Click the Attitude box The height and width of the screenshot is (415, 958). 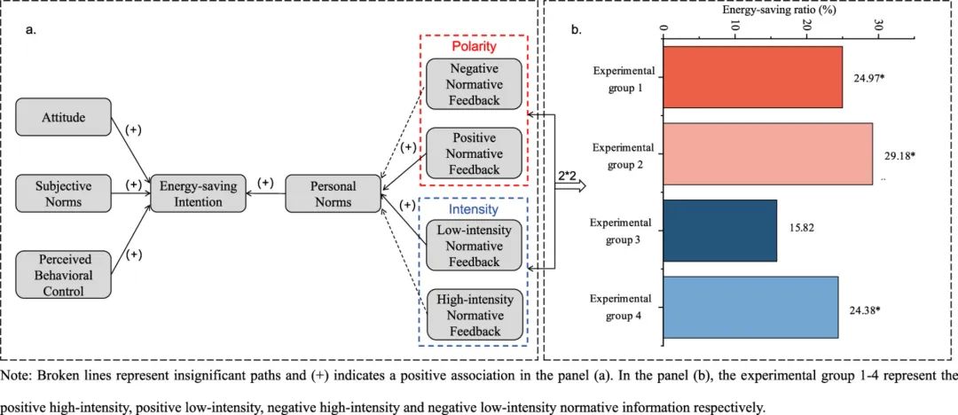click(x=64, y=117)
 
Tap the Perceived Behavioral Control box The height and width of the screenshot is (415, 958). click(x=64, y=274)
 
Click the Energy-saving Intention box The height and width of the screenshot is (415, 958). click(x=199, y=193)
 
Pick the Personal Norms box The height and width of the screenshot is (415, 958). click(x=334, y=193)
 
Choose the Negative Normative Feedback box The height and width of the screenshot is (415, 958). click(x=474, y=82)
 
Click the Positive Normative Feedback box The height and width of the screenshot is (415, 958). click(x=474, y=153)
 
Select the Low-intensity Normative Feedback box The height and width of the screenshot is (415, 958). click(x=474, y=246)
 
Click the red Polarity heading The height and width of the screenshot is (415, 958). click(x=474, y=46)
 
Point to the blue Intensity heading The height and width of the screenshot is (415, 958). click(x=474, y=209)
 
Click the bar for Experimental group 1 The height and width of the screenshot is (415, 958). click(x=753, y=77)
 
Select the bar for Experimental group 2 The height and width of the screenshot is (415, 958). click(x=767, y=154)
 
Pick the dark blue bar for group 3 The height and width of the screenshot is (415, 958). click(x=719, y=231)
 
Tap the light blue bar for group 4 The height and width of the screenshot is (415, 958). click(x=750, y=308)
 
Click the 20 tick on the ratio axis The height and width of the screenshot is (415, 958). click(x=806, y=27)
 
